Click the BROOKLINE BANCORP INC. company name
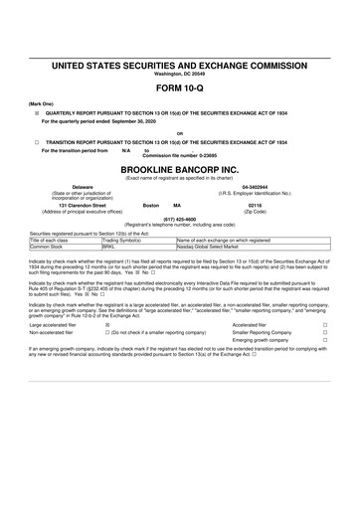coord(179,170)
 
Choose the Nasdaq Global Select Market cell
coord(210,246)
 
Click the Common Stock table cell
coord(49,246)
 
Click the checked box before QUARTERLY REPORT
coord(37,114)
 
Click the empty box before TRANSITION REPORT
coord(37,142)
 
